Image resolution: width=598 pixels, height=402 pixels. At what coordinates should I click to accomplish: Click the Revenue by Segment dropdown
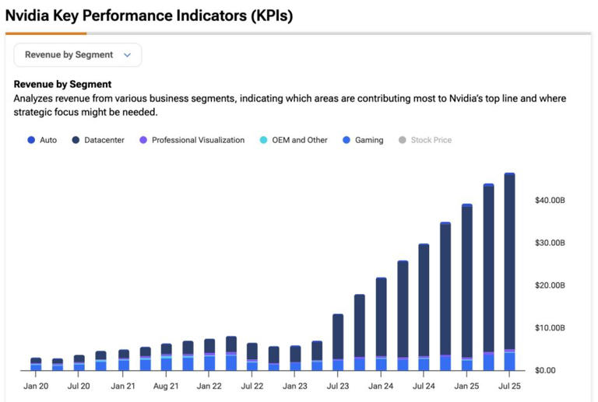pyautogui.click(x=78, y=55)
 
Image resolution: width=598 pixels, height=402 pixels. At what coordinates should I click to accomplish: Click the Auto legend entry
pyautogui.click(x=43, y=140)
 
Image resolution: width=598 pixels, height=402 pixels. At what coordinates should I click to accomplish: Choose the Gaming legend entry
pyautogui.click(x=363, y=140)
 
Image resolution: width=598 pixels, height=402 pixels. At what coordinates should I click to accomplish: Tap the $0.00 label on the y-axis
pyautogui.click(x=546, y=370)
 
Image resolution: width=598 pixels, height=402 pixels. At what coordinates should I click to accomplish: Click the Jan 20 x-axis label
pyautogui.click(x=36, y=386)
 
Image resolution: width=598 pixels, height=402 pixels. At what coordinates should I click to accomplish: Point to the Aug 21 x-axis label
pyautogui.click(x=167, y=386)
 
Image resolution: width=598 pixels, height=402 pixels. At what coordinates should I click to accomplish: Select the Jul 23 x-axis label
pyautogui.click(x=338, y=386)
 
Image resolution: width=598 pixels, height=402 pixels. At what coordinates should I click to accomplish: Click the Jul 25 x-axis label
pyautogui.click(x=509, y=386)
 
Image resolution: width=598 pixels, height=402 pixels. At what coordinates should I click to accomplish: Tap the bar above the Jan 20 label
pyautogui.click(x=36, y=364)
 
